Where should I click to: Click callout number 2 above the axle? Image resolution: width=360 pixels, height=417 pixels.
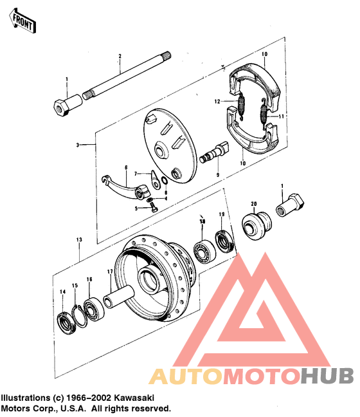120,57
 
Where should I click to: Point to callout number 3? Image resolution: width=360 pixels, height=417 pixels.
76,145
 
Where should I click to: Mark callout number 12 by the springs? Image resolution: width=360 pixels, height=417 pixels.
217,102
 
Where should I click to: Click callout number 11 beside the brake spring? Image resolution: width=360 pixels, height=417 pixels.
281,116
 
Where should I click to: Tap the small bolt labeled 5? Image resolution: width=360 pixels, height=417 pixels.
154,207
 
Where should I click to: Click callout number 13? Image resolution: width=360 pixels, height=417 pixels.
80,239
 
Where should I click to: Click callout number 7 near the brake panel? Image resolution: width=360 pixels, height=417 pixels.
136,174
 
